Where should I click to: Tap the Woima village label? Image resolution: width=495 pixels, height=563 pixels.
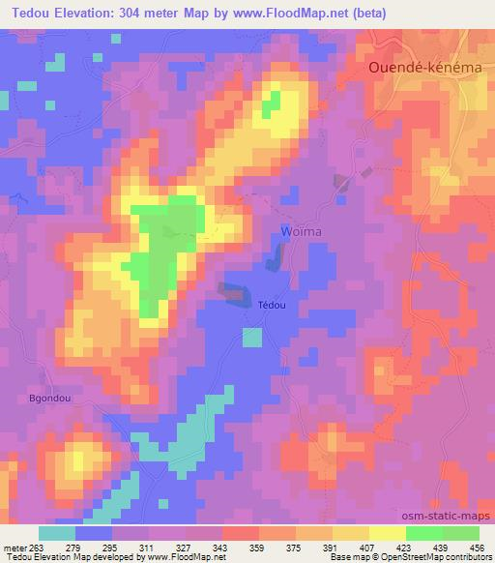(300, 231)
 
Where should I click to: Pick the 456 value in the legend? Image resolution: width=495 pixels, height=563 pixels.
(478, 548)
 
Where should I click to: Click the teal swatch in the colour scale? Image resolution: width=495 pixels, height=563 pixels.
(57, 533)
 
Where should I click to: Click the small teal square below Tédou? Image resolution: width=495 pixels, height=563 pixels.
(251, 337)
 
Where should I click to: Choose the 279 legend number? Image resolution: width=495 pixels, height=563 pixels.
(76, 548)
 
